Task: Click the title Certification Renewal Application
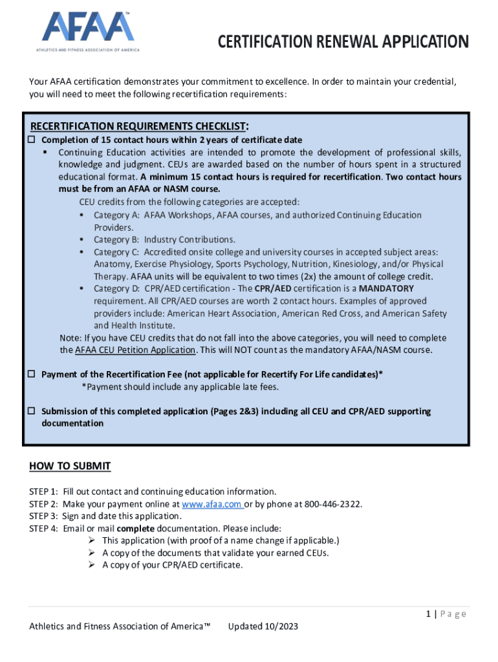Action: coord(343,43)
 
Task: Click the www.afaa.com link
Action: coord(211,504)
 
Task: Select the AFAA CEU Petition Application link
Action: coord(135,350)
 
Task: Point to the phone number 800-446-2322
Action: coord(330,504)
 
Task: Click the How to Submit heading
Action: coord(70,466)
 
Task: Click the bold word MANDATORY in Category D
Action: coord(386,289)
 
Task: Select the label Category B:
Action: coord(116,240)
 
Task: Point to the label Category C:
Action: coord(116,252)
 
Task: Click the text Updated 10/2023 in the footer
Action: coord(263,626)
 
